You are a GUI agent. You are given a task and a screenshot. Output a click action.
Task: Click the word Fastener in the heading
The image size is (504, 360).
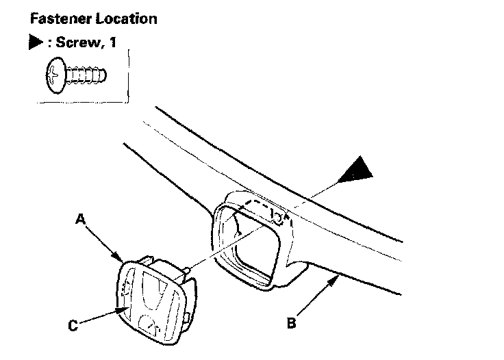tap(51, 18)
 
